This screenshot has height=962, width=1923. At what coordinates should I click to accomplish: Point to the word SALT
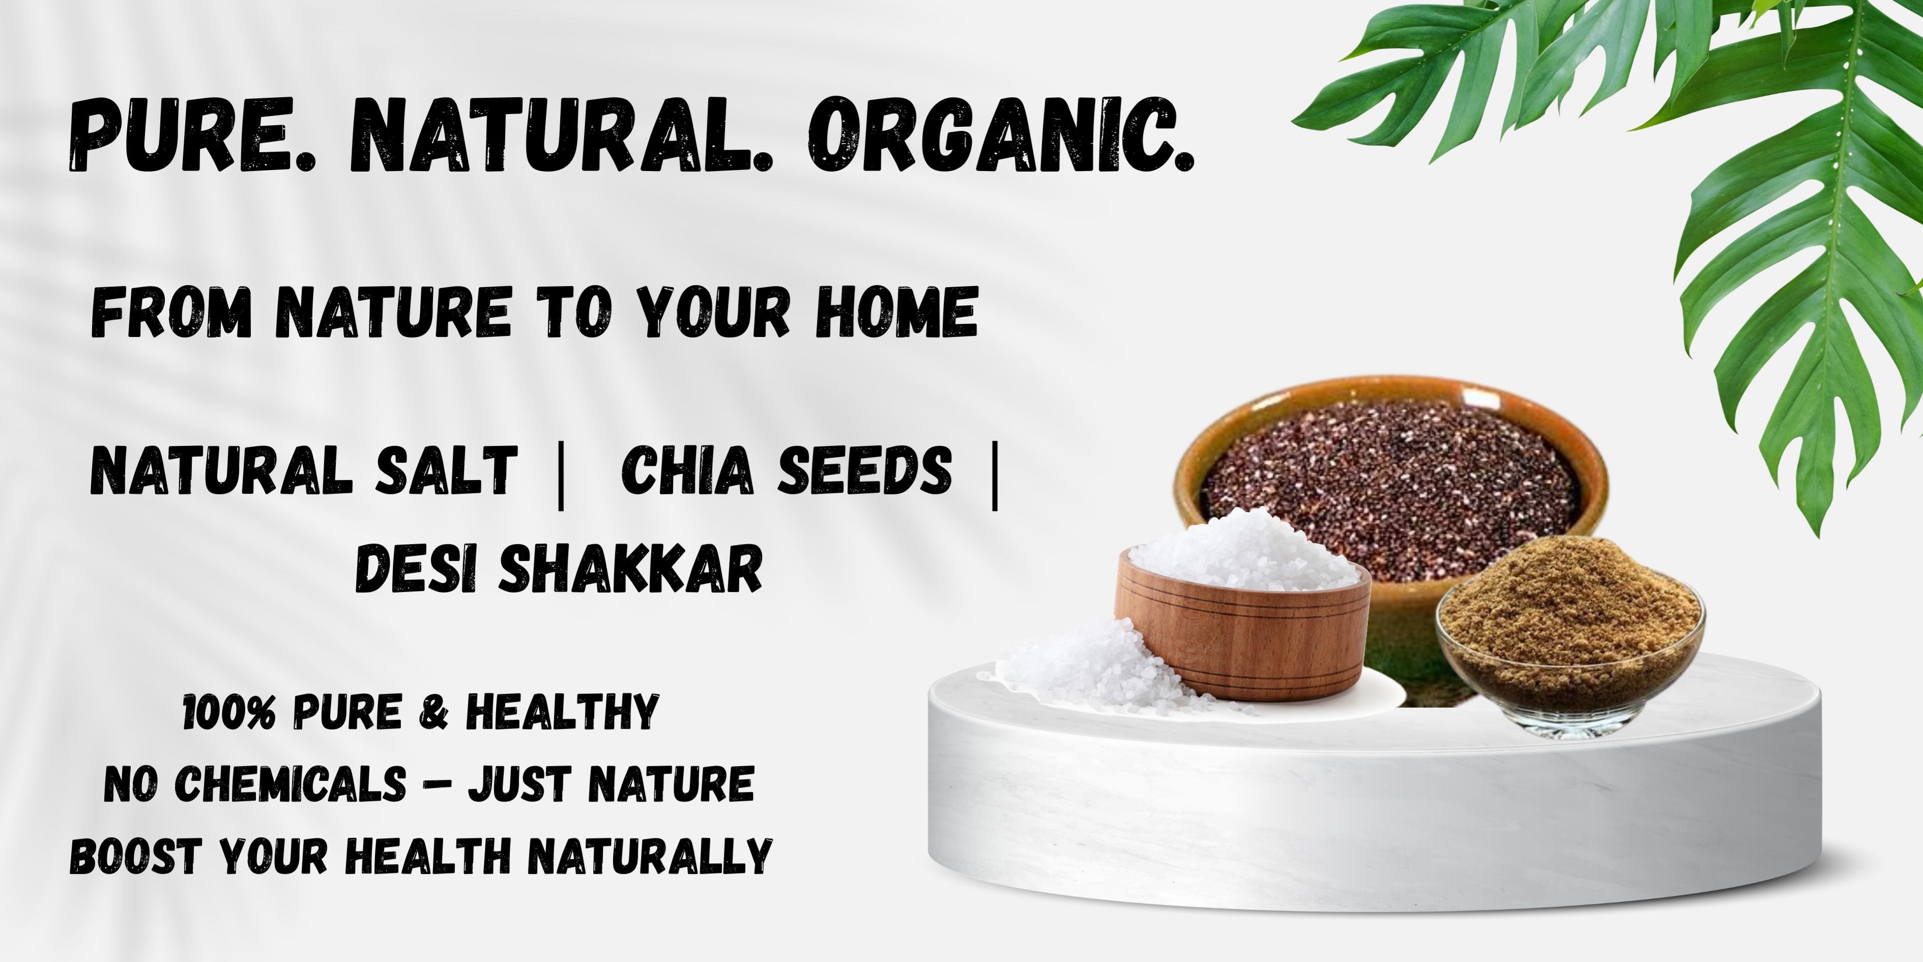click(446, 470)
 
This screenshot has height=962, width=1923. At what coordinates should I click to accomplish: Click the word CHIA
click(687, 470)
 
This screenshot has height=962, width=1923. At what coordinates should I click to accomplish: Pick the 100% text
click(231, 712)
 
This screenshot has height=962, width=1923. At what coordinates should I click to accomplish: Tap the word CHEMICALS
click(291, 784)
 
